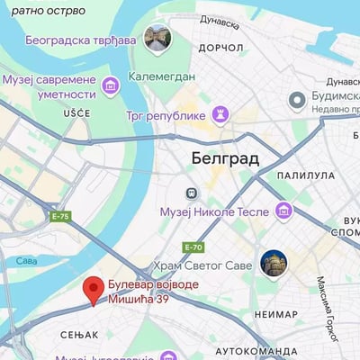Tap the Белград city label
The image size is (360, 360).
[225, 158]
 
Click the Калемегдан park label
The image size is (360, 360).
[162, 77]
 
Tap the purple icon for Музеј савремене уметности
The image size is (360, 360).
[111, 85]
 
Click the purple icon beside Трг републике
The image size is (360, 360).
[220, 114]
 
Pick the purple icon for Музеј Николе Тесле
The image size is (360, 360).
[284, 211]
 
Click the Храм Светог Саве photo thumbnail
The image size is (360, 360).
[274, 264]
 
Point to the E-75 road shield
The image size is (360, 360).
[60, 217]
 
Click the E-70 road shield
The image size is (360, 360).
[193, 247]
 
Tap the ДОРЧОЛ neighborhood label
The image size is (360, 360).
[221, 47]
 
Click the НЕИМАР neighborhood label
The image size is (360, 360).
[275, 314]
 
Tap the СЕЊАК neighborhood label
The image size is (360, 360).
[78, 335]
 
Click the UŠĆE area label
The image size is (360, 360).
[77, 112]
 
